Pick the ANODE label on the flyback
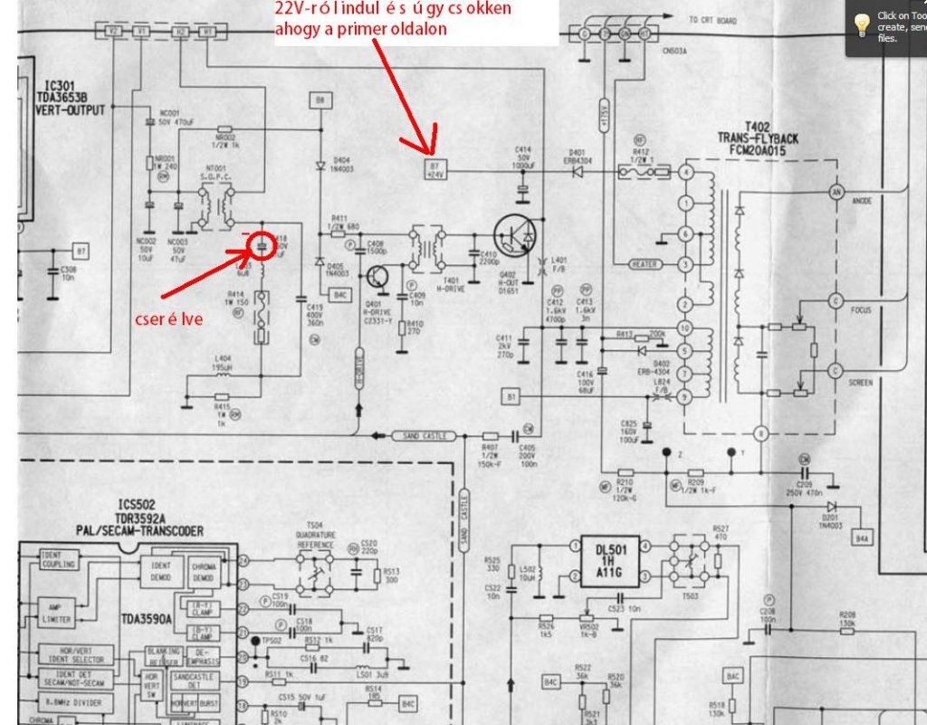861,201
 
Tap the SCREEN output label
861,382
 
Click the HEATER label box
646,263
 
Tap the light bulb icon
861,20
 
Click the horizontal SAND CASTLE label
424,436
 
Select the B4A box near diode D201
862,539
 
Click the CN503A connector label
674,52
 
